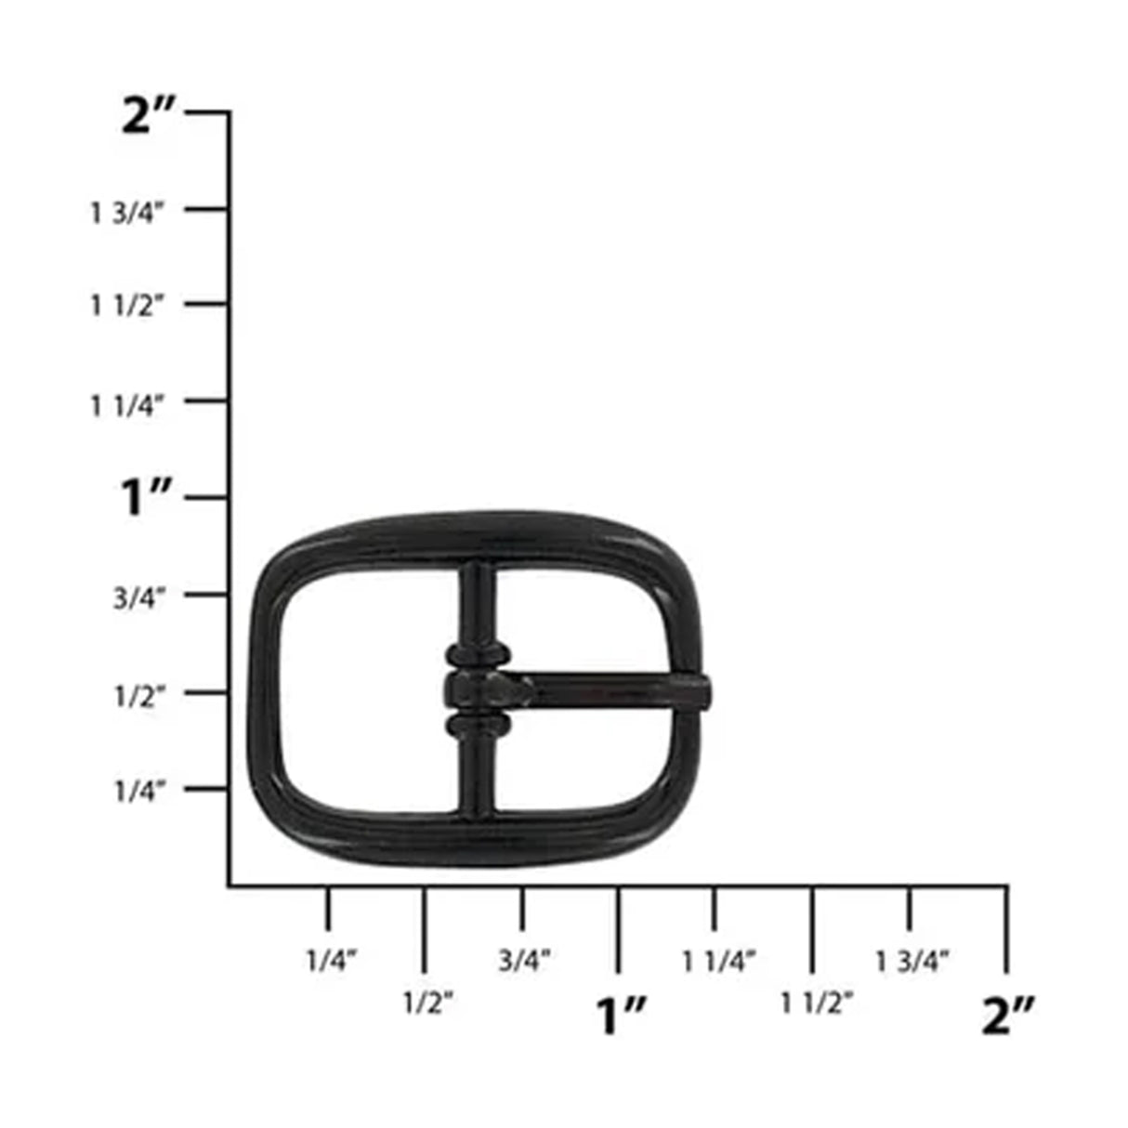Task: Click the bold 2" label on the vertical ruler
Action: coord(149,117)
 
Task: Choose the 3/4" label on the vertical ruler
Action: coord(139,597)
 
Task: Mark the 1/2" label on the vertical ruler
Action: coord(139,696)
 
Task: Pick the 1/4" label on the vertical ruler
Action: coord(139,792)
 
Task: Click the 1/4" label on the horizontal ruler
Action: coord(332,960)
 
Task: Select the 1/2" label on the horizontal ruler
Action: coord(428,1003)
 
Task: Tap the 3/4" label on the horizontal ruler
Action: coord(525,960)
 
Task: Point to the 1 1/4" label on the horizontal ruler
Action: coord(719,961)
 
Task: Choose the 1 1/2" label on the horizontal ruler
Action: coord(817,1003)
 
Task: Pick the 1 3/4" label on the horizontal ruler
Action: coord(912,961)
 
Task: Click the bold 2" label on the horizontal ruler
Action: coord(1008,1016)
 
